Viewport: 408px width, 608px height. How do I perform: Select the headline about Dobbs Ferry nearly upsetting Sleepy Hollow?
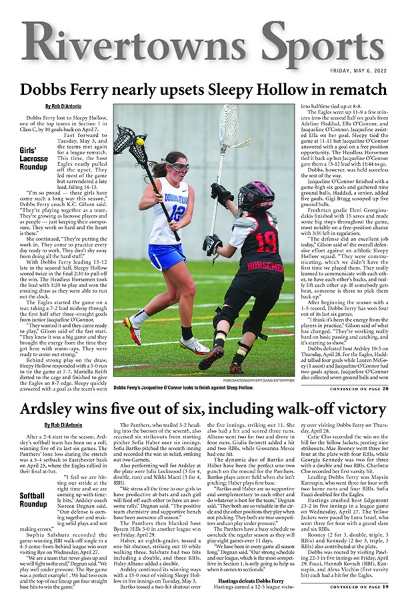coord(204,90)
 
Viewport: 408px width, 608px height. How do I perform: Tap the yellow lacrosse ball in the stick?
coord(140,141)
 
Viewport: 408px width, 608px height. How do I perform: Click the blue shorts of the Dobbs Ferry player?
coord(167,256)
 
